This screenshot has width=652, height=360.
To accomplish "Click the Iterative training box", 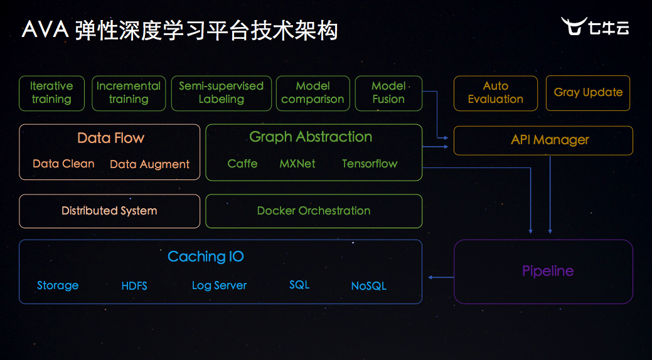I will [x=51, y=93].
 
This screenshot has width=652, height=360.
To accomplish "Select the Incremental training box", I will [x=129, y=93].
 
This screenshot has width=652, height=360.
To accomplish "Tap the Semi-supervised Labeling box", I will [x=222, y=93].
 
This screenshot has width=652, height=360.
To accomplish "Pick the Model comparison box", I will [x=313, y=93].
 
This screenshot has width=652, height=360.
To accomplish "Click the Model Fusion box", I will [x=388, y=93].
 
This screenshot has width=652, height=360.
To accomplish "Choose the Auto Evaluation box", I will [x=495, y=93].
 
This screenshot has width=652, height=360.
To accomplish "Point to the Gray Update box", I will [x=588, y=93].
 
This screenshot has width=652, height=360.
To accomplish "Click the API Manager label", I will [x=550, y=140].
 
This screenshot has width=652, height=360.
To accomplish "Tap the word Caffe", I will [x=242, y=164].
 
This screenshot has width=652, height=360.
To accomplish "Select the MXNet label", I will [x=297, y=164].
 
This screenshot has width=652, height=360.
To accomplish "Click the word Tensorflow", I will [x=370, y=164].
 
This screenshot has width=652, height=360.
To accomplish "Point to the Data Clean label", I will [x=63, y=164].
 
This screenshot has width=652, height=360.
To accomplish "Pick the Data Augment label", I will [x=149, y=164].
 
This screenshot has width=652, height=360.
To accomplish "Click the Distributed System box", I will [x=109, y=211].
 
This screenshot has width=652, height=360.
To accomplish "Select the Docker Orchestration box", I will [x=314, y=211].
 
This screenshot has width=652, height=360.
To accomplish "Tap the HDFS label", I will [x=134, y=286].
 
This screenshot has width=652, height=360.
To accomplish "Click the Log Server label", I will [x=219, y=285].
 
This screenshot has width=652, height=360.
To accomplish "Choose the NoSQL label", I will [x=368, y=286].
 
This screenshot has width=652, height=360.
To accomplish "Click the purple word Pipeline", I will [x=548, y=271].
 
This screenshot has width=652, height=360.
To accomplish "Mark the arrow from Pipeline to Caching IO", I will [x=441, y=277].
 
